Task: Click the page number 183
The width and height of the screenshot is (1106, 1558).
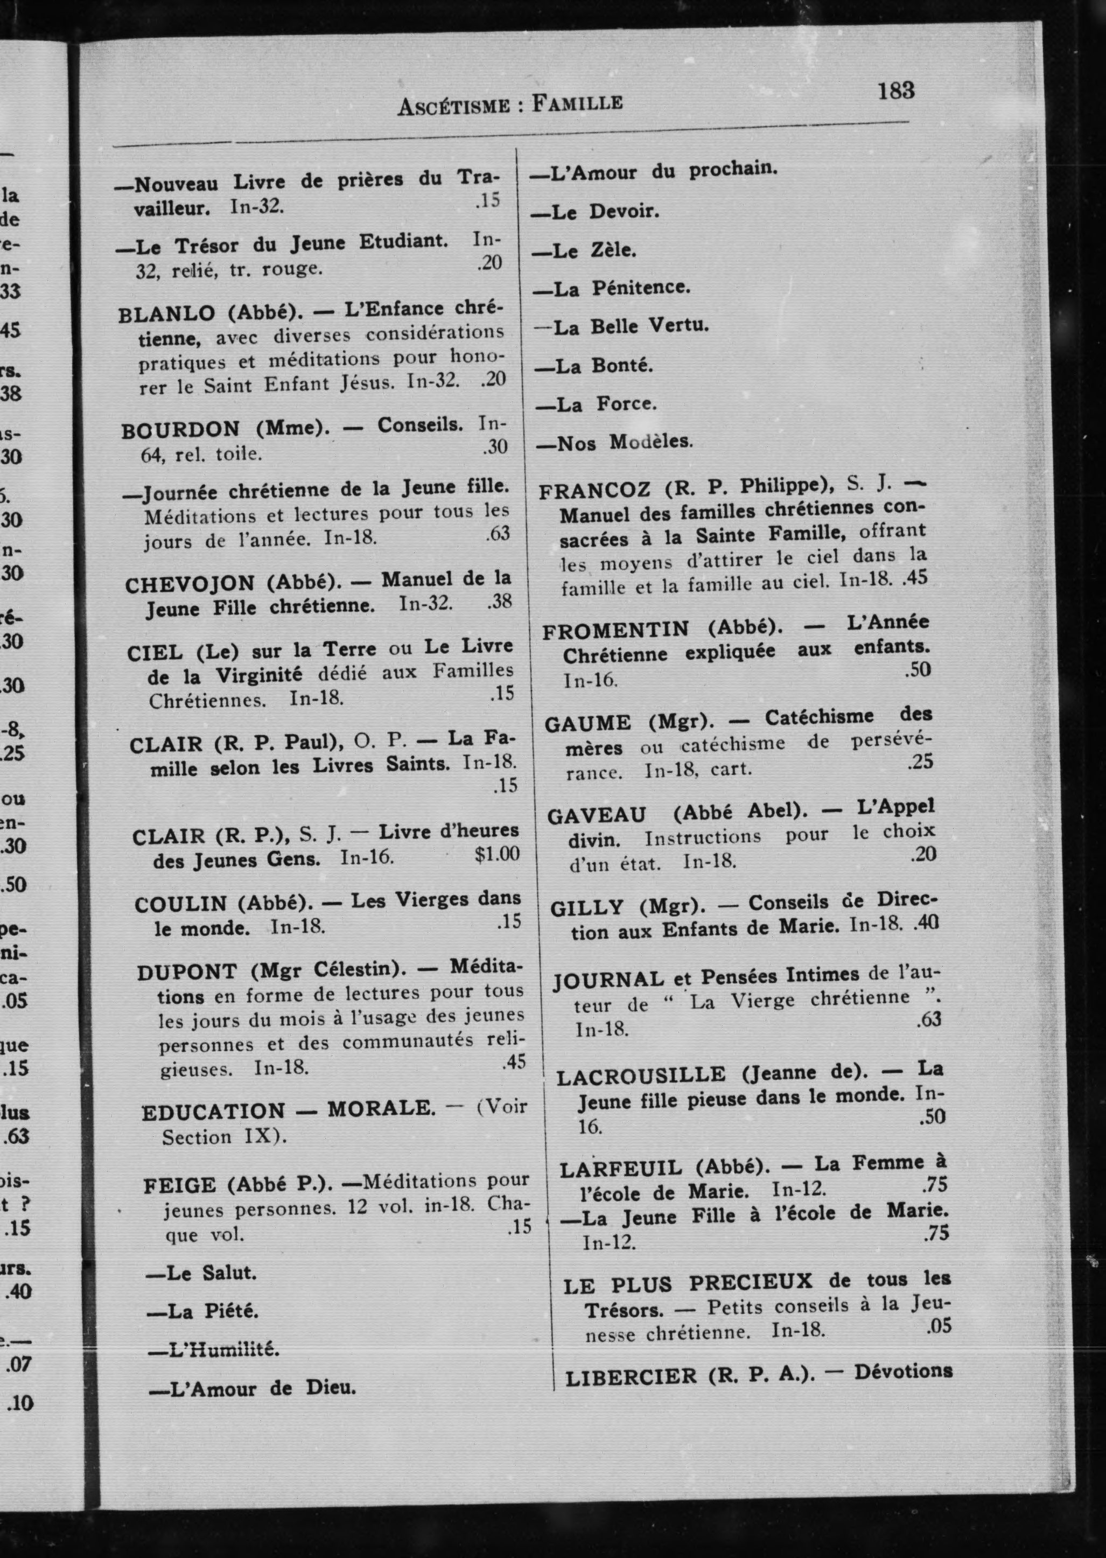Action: click(895, 90)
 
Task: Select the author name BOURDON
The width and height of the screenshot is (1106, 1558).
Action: click(180, 430)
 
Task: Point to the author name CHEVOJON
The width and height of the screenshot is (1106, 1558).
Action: click(190, 584)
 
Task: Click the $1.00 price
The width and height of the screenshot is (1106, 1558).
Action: click(497, 853)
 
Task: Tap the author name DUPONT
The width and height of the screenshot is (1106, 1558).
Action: click(187, 973)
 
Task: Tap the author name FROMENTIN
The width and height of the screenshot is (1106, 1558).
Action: click(615, 631)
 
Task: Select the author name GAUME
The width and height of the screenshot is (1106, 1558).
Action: click(589, 723)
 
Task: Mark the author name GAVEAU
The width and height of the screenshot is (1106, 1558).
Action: click(597, 815)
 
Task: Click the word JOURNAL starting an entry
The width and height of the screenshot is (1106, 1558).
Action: click(608, 981)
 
